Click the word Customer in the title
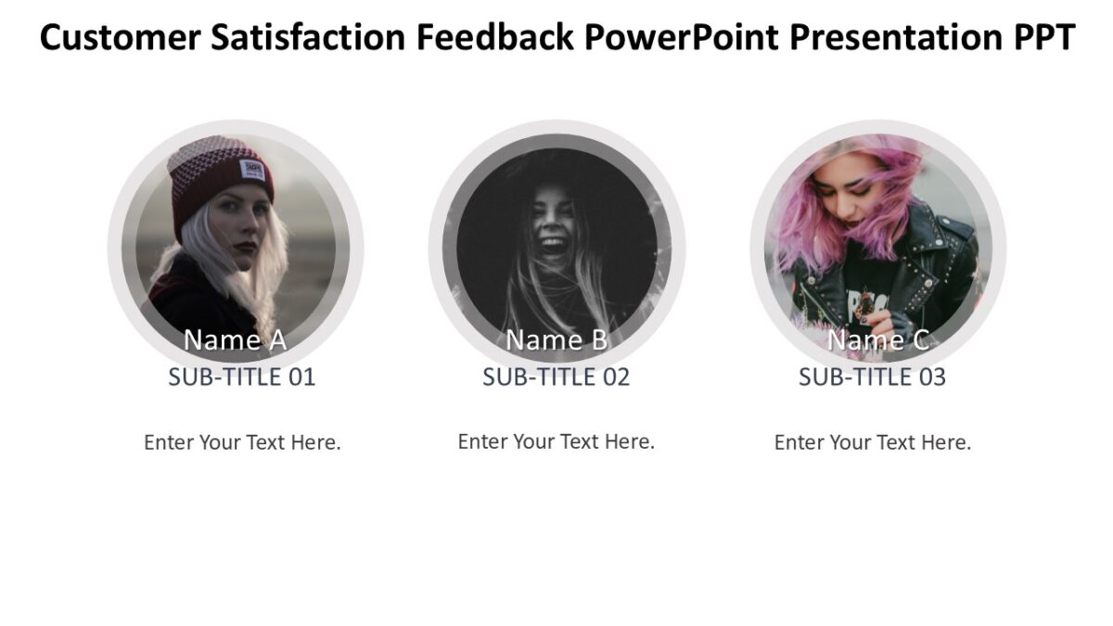pos(119,38)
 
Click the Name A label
pos(235,340)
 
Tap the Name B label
pos(556,340)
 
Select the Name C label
pos(877,340)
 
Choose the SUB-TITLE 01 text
pos(242,377)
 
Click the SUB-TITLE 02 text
pos(556,377)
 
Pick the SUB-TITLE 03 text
pos(872,377)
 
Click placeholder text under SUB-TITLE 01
pos(242,442)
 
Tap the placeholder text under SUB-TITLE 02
pos(556,441)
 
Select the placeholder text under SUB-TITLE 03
pos(873,442)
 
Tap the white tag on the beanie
pos(252,170)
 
